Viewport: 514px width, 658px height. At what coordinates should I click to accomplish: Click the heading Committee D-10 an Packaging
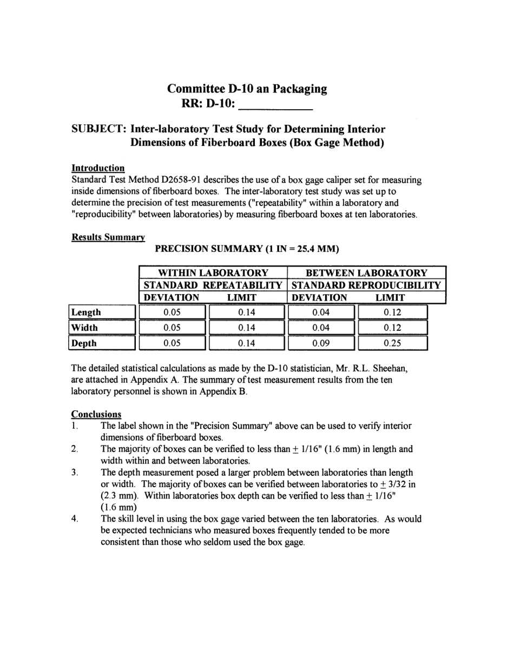247,89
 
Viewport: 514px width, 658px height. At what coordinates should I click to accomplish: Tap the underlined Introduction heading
98,168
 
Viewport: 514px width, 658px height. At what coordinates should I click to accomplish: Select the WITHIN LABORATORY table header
213,274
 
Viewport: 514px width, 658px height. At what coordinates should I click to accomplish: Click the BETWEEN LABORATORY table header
366,274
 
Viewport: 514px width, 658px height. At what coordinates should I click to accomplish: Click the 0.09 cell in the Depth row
321,343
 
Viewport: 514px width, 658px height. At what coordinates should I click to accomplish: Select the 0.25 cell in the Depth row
392,343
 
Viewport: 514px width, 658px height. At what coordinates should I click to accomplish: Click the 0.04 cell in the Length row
321,313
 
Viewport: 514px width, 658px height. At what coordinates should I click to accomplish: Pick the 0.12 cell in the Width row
392,328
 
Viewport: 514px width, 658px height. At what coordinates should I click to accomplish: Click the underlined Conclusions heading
96,414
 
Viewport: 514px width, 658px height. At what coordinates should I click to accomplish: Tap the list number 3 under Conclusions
75,473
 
